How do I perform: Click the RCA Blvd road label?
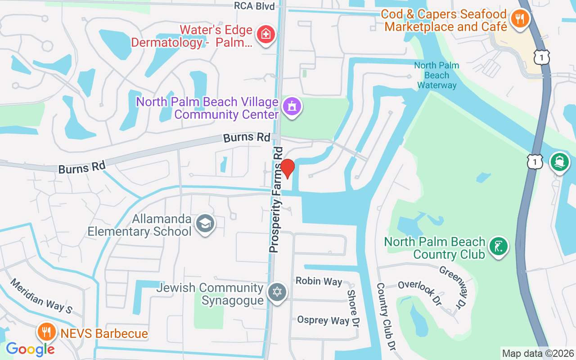tap(254, 5)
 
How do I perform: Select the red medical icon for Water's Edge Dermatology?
tap(265, 35)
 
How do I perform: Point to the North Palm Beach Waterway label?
tap(436, 75)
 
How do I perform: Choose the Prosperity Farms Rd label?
tap(277, 199)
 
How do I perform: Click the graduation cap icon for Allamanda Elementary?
tap(205, 223)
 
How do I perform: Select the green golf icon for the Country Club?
tap(498, 246)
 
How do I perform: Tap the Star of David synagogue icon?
tap(278, 292)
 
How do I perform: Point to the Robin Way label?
tap(319, 281)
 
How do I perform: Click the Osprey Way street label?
tap(323, 320)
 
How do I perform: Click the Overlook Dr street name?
tap(419, 293)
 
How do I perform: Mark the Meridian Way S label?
tap(41, 295)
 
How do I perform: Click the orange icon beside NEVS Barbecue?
tap(46, 333)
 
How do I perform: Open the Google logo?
tap(30, 349)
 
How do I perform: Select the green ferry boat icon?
tap(560, 162)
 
